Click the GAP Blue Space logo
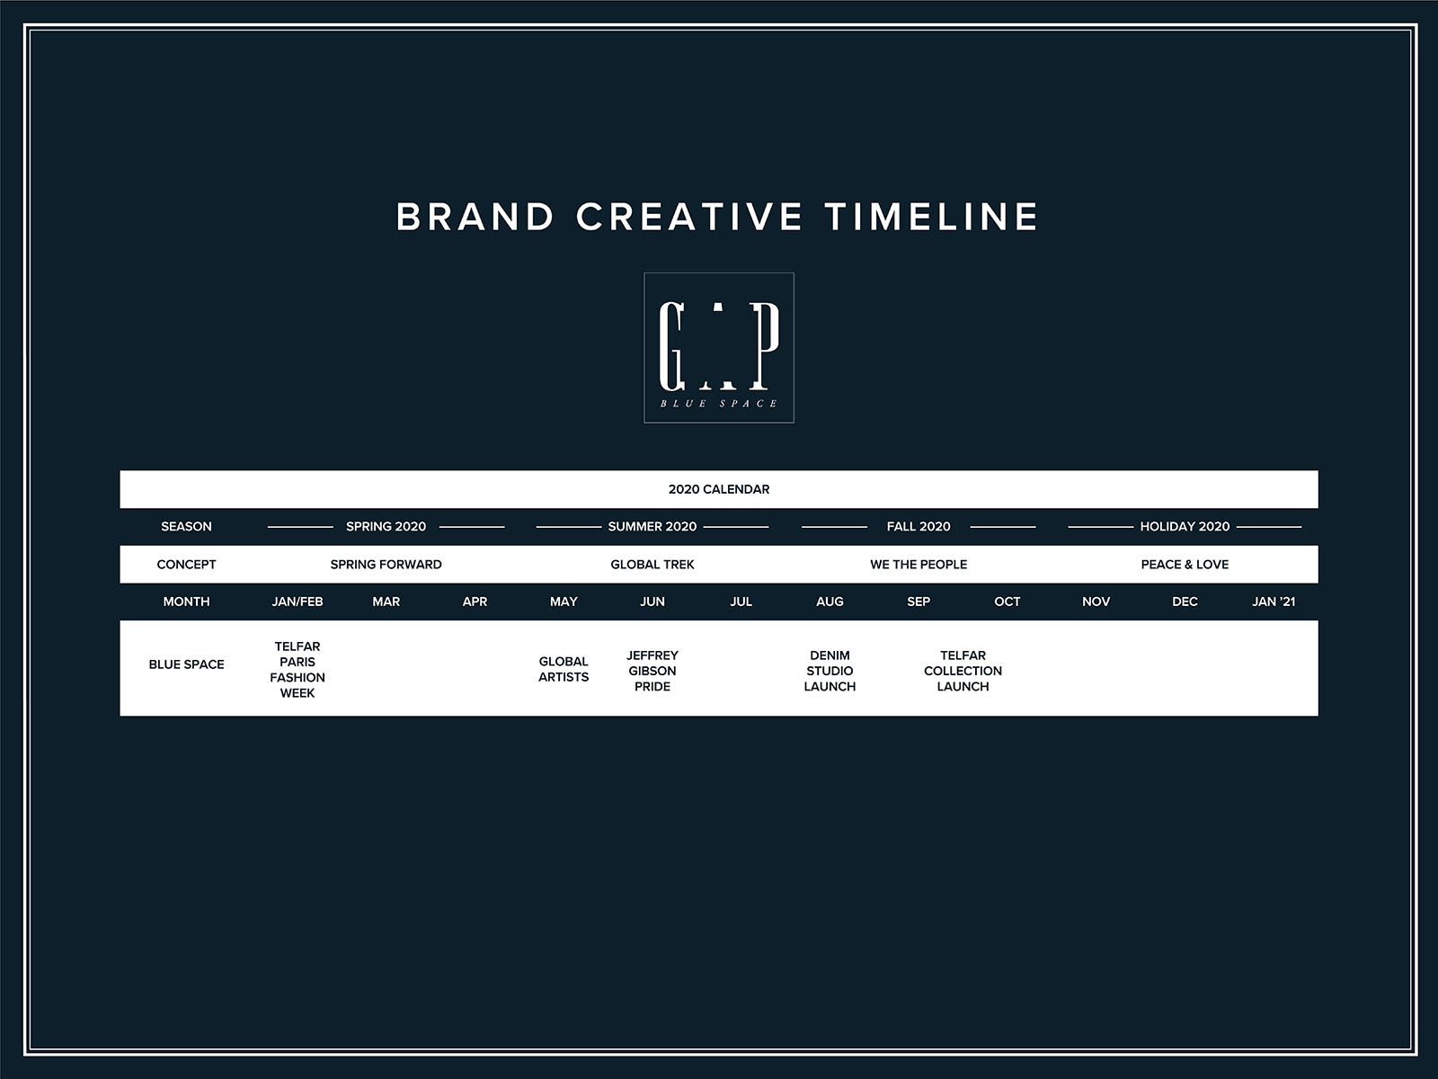(x=719, y=348)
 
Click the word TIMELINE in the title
(x=932, y=217)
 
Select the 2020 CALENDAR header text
(x=719, y=489)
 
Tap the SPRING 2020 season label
(x=386, y=527)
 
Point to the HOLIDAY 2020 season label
(x=1185, y=527)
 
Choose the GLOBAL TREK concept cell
(x=652, y=565)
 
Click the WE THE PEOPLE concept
(x=919, y=565)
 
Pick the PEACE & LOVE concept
(x=1185, y=565)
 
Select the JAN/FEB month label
(x=297, y=602)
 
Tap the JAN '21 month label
(x=1274, y=602)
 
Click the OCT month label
(x=1007, y=602)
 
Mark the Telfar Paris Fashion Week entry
(x=297, y=670)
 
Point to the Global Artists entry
(x=564, y=670)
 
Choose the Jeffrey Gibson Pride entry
(x=652, y=671)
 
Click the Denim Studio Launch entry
(x=830, y=671)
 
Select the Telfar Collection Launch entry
(x=963, y=671)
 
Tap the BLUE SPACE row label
(x=186, y=664)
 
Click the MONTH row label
(x=186, y=602)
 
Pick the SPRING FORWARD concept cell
(x=386, y=565)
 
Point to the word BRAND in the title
(x=475, y=217)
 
